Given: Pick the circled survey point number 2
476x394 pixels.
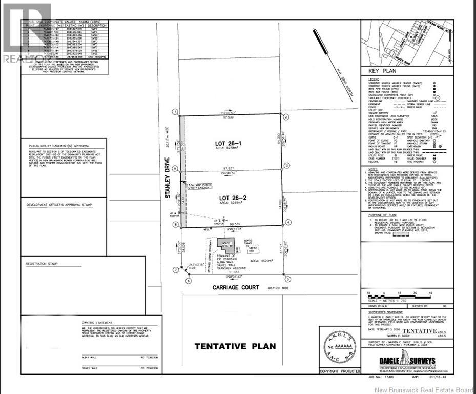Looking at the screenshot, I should [287, 116].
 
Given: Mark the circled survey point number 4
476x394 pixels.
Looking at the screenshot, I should [289, 222].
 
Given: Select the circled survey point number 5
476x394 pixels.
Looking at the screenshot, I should [288, 279].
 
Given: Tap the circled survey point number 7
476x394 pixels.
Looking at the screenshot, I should [175, 269].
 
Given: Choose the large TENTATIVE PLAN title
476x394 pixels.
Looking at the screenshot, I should [235, 346].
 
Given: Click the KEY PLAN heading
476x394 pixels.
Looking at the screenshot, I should [380, 72].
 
